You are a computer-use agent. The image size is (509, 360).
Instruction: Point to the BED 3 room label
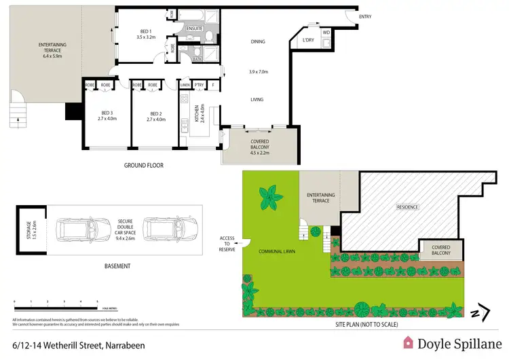(107, 113)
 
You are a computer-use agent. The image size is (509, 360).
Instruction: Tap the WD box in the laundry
(326, 32)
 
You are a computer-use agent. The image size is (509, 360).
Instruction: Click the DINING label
(257, 41)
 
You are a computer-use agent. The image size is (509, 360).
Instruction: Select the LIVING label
(257, 99)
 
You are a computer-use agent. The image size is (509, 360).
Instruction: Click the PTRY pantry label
(200, 85)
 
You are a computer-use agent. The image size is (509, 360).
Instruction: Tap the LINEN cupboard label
(185, 85)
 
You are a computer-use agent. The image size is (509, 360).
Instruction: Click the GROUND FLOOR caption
(143, 165)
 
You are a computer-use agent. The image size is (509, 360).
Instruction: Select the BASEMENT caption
(117, 266)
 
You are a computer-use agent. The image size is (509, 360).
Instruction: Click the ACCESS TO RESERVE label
(227, 244)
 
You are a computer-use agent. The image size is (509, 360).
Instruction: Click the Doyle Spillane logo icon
(409, 343)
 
